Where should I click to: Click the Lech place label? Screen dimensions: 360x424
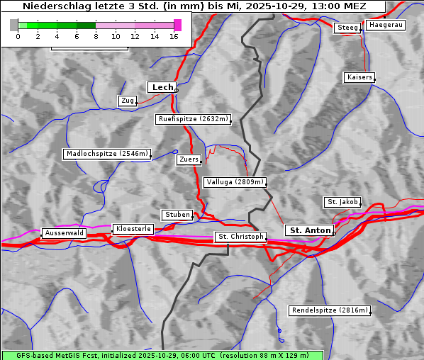tap(162, 87)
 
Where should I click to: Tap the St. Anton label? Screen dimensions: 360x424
tap(310, 230)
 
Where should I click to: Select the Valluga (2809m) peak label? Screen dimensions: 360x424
tap(235, 182)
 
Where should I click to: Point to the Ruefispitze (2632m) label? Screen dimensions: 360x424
tap(194, 119)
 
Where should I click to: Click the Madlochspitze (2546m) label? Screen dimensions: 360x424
tap(107, 154)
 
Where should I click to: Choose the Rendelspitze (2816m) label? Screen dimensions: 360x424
tap(330, 310)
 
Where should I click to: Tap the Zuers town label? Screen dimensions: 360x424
tap(189, 159)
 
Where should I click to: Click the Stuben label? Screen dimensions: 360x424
tap(177, 215)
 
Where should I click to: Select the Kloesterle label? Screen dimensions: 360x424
tap(133, 229)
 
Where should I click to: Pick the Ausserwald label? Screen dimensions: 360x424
tap(64, 232)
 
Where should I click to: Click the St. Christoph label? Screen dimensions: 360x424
tap(240, 237)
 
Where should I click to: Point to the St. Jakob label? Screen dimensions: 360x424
tap(342, 202)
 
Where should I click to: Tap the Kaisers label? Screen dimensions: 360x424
tap(359, 77)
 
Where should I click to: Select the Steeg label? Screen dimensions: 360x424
tap(348, 28)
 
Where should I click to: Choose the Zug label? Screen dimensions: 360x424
tap(128, 101)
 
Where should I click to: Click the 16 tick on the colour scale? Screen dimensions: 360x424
tap(174, 36)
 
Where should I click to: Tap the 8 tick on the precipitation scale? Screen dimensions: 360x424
tap(96, 36)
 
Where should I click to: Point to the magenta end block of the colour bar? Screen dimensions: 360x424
tap(177, 25)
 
